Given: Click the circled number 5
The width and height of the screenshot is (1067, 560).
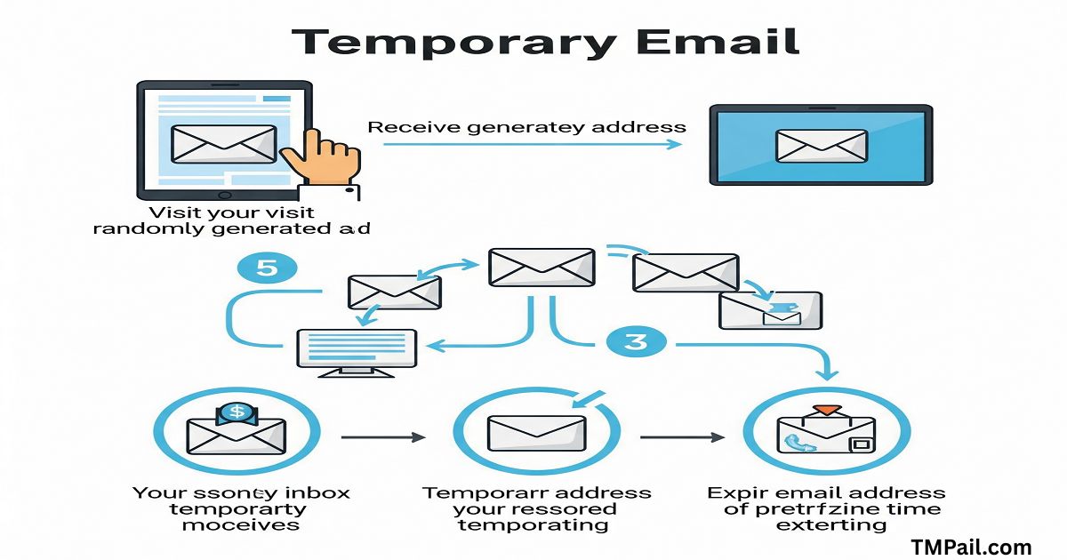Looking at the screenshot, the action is [x=267, y=269].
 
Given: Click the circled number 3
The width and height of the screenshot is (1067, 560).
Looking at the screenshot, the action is [x=635, y=342].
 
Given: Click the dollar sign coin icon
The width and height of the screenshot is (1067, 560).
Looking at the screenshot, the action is [x=236, y=412].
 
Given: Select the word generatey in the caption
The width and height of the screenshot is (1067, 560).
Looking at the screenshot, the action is [x=538, y=127].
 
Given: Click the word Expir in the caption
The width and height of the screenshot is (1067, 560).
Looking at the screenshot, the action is [x=736, y=492].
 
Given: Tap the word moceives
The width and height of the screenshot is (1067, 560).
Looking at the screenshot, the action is [x=240, y=525].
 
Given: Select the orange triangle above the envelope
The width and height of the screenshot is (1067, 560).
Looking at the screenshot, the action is [x=827, y=409].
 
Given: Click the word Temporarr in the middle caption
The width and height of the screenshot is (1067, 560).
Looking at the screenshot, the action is [x=479, y=492].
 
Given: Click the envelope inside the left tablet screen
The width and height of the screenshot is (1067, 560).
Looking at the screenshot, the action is [x=223, y=142].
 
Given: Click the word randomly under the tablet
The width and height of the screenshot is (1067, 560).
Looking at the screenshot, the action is [x=147, y=228].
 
